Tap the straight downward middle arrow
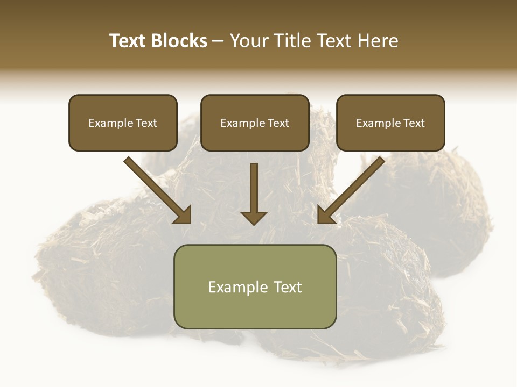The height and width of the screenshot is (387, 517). pyautogui.click(x=254, y=188)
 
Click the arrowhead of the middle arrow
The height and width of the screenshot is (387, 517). pyautogui.click(x=254, y=217)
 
